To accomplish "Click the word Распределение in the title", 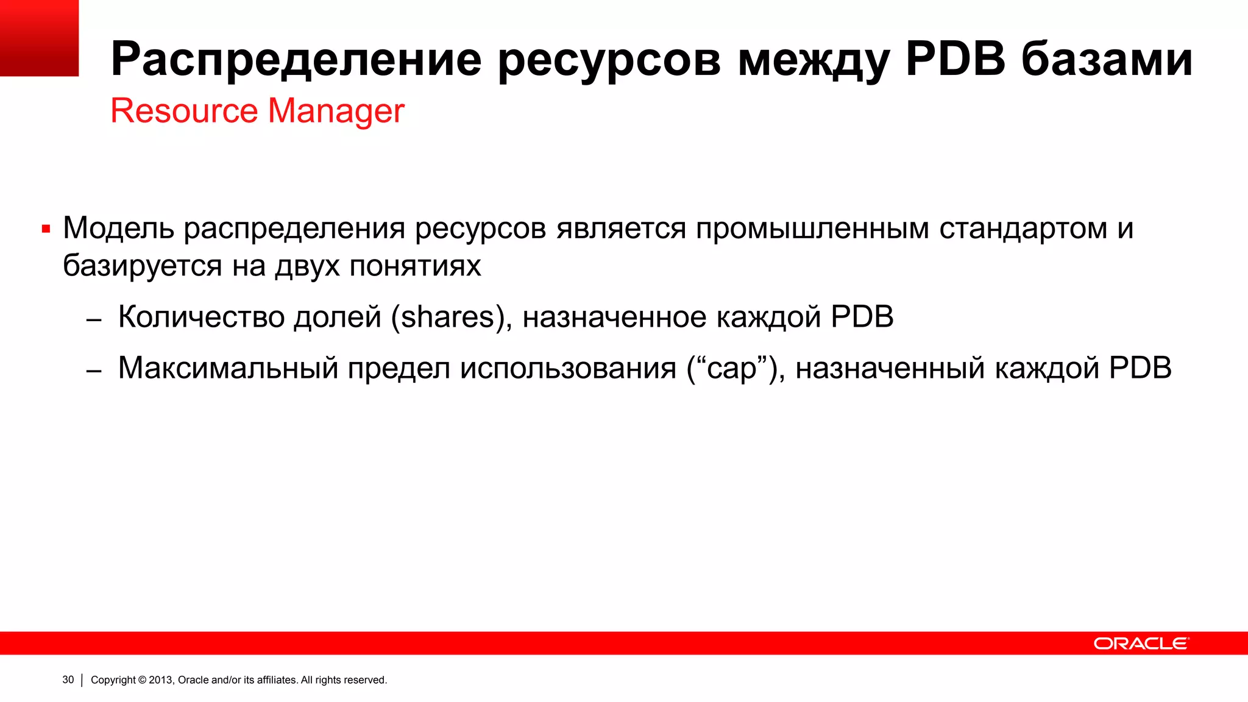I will point(296,60).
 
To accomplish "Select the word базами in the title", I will point(1107,60).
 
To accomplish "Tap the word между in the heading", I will point(813,60).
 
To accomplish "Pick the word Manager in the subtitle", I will point(336,111).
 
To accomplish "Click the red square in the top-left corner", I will point(39,38).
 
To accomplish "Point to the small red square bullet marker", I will point(46,230).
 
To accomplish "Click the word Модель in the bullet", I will point(118,229).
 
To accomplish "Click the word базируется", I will point(142,266).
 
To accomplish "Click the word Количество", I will point(201,317).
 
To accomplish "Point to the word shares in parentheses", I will point(448,317).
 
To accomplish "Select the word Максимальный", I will point(228,368).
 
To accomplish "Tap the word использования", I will point(568,368).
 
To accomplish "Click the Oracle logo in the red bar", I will point(1140,643).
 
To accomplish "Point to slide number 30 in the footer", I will point(68,680).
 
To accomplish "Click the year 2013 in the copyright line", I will point(161,680).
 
